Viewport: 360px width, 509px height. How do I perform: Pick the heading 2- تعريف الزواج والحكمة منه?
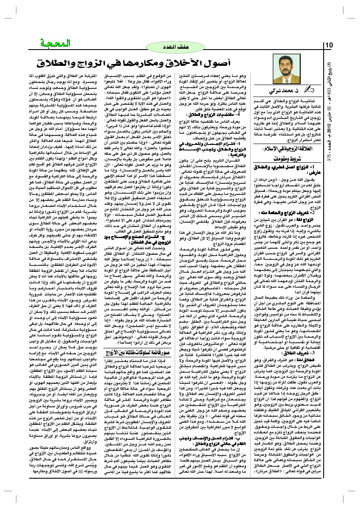click(296, 213)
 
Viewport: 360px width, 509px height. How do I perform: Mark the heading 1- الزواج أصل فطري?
click(296, 169)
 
